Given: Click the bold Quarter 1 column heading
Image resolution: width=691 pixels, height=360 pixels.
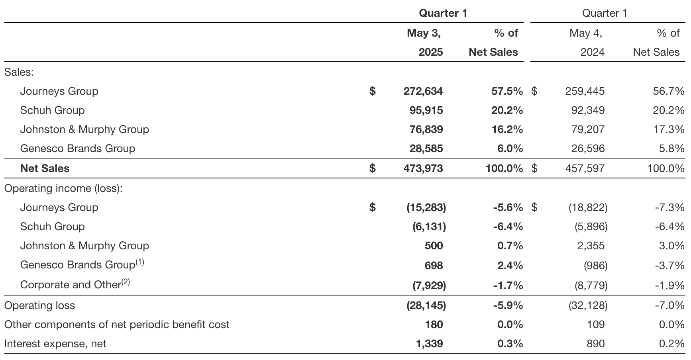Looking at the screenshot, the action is coord(443,13).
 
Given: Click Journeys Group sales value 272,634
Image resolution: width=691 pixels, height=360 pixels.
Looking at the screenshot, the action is coord(423,91).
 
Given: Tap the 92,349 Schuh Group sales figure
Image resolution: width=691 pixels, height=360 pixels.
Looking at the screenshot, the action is coord(588,110).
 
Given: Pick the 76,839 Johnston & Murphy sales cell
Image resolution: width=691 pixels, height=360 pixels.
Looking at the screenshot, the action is coord(426,129).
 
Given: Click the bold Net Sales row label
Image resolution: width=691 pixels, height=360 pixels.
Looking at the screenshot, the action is coord(45,168).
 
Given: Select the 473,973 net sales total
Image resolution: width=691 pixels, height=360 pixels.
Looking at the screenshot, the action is coord(423,168).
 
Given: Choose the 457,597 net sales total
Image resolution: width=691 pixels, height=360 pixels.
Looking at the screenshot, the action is coord(585,168).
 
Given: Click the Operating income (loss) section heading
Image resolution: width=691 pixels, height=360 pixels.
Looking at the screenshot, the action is coord(63,188).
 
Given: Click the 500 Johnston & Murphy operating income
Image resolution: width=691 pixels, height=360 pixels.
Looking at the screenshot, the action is coord(434,246).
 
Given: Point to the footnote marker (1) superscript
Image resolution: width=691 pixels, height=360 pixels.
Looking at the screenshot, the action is coord(139,262).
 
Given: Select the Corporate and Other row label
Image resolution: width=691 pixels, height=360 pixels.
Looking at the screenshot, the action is coord(71,285).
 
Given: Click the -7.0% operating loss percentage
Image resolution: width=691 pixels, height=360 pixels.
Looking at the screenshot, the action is coord(669,305).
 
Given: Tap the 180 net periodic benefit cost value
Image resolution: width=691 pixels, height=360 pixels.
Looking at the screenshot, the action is coord(434,325).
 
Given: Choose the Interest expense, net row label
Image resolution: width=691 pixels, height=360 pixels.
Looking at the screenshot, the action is coord(55,344).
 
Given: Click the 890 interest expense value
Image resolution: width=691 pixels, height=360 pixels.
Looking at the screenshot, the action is coord(595,344).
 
